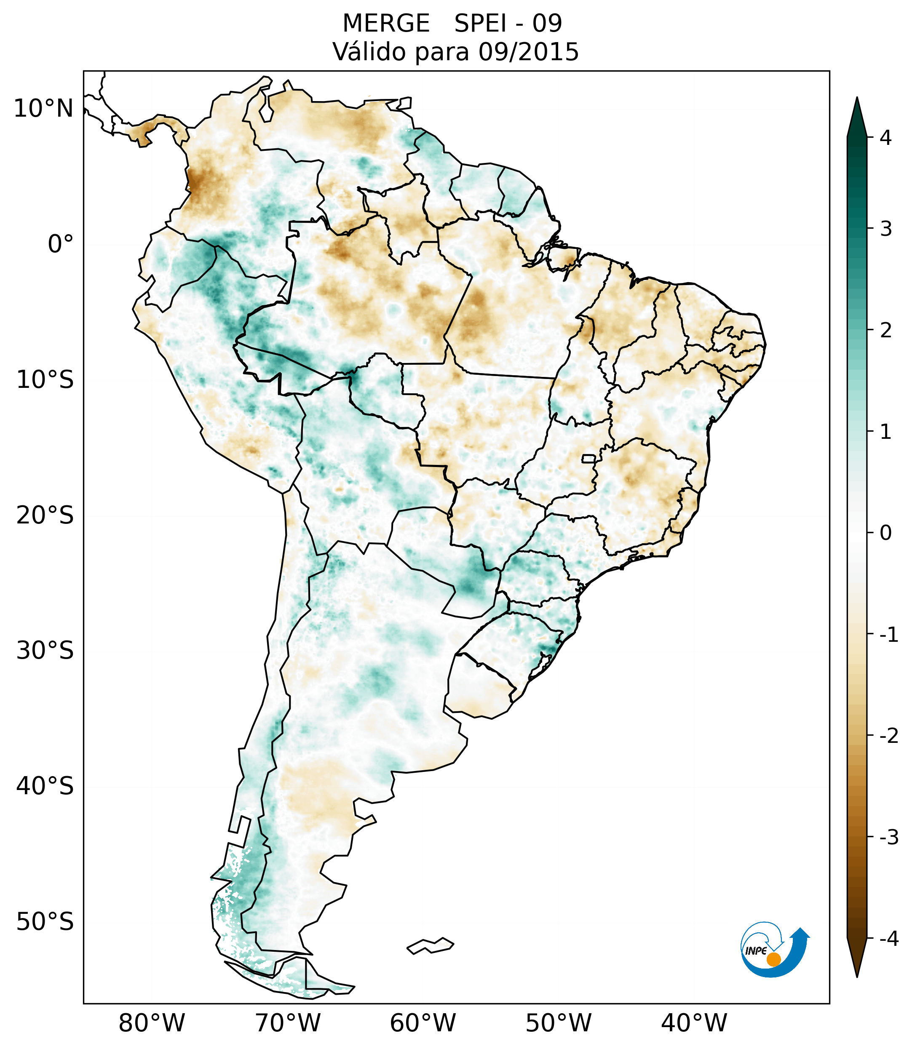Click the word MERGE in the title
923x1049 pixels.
pos(385,24)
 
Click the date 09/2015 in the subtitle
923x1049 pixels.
pos(528,52)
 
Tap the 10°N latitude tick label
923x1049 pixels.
pos(43,109)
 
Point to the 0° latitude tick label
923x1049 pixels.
pos(61,244)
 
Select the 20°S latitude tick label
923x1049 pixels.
pos(45,515)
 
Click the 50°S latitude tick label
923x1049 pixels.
pos(45,922)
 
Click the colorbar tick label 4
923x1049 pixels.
pos(886,138)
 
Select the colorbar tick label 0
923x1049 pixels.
pos(886,533)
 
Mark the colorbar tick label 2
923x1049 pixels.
pos(886,331)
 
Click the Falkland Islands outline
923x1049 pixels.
pos(430,945)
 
